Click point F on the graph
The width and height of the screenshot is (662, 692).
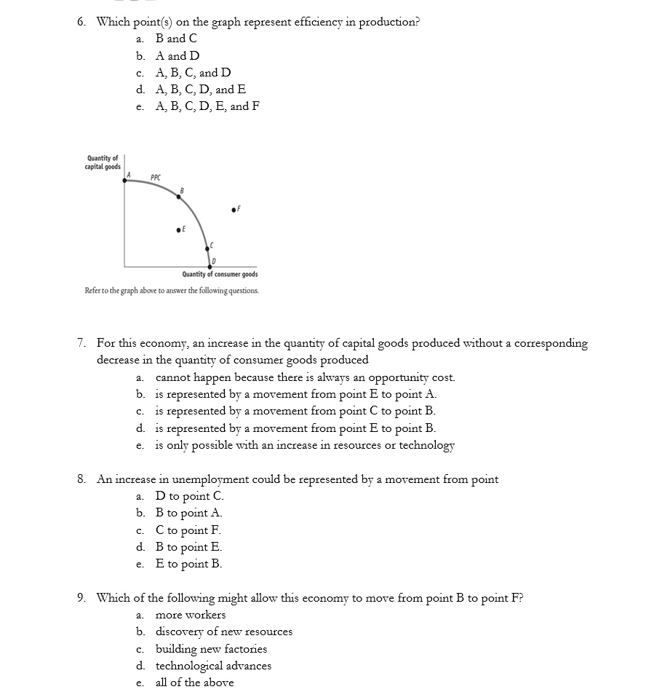(232, 210)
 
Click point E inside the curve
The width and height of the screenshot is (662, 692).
(178, 229)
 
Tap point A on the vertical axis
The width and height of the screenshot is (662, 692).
(124, 180)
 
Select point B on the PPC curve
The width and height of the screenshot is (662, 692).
(180, 196)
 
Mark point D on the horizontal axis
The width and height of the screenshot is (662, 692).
(208, 264)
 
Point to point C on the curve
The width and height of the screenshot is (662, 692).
(207, 250)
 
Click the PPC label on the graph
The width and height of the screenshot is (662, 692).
(156, 177)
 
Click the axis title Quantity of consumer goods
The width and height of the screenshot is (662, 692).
(220, 275)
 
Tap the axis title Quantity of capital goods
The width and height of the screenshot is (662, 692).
(103, 162)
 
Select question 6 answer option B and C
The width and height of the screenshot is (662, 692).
(176, 39)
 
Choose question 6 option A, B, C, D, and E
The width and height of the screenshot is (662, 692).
(201, 90)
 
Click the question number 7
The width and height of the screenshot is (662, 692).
(82, 343)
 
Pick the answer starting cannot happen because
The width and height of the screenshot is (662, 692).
(305, 377)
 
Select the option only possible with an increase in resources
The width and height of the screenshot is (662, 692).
(305, 445)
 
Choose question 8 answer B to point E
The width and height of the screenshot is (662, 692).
(188, 547)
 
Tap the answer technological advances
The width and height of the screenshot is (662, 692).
(213, 666)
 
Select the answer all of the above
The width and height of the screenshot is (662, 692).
(194, 683)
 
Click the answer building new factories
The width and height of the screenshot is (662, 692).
(211, 649)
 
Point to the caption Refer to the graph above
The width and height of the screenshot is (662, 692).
(171, 291)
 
